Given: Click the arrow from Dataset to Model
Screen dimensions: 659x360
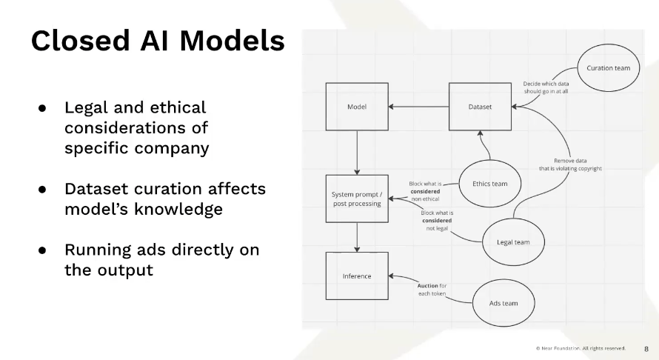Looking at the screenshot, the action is pos(418,107).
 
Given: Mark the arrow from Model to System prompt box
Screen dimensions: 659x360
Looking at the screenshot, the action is pos(357,153).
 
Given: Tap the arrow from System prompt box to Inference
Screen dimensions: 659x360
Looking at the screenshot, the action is pos(357,237).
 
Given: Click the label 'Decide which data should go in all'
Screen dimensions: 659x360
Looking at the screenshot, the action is pos(546,87).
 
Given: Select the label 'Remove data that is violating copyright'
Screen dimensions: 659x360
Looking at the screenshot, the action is pos(570,164).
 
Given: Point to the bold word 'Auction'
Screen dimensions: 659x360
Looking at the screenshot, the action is pos(427,286).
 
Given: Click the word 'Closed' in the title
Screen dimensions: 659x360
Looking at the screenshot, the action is pos(80,41).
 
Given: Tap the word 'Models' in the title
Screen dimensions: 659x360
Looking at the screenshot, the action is pos(232,41).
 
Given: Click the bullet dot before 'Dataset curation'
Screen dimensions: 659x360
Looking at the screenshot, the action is pos(42,190).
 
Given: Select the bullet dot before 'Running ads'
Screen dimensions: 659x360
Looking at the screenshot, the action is pos(42,250).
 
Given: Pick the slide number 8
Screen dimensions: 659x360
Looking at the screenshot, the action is pos(646,349).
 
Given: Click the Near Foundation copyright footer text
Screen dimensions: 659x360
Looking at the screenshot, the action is pos(581,348).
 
